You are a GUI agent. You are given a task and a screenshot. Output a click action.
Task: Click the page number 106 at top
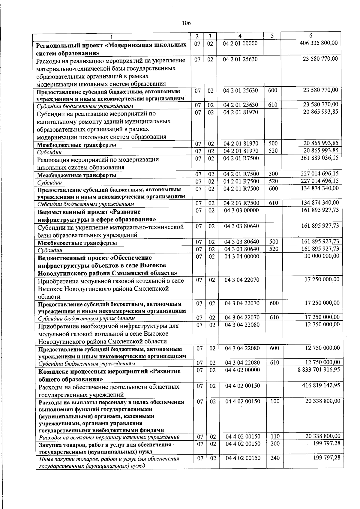(x=186, y=23)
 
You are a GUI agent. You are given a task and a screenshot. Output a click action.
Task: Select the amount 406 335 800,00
(x=319, y=43)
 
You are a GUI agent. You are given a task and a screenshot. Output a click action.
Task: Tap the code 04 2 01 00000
(x=240, y=43)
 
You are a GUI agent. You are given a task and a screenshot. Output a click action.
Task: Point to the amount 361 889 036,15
(x=319, y=158)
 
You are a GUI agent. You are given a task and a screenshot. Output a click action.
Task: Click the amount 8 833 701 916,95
(x=319, y=370)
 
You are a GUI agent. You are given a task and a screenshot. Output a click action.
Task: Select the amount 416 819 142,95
(x=321, y=385)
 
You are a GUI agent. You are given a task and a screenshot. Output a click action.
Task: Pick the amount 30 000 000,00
(x=321, y=256)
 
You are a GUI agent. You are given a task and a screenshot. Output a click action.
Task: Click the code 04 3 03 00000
(x=241, y=210)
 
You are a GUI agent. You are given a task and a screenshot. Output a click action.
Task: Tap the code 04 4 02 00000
(x=242, y=370)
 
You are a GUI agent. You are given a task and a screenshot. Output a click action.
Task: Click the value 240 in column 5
(x=274, y=458)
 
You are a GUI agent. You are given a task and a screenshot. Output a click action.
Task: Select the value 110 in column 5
(x=274, y=436)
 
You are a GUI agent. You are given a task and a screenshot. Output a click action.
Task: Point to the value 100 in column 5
(x=274, y=401)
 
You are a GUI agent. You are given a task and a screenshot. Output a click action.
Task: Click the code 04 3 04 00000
(x=242, y=256)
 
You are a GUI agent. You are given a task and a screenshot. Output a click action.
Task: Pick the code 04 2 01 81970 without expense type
(x=241, y=112)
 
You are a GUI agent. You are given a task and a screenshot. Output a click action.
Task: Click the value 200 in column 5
(x=274, y=444)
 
